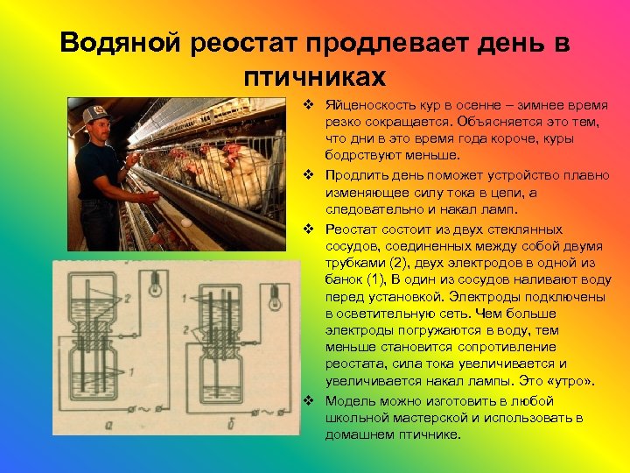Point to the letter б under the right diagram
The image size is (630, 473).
[241, 424]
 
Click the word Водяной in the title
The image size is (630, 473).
[119, 44]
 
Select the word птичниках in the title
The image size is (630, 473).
[315, 76]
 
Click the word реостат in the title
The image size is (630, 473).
[245, 44]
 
